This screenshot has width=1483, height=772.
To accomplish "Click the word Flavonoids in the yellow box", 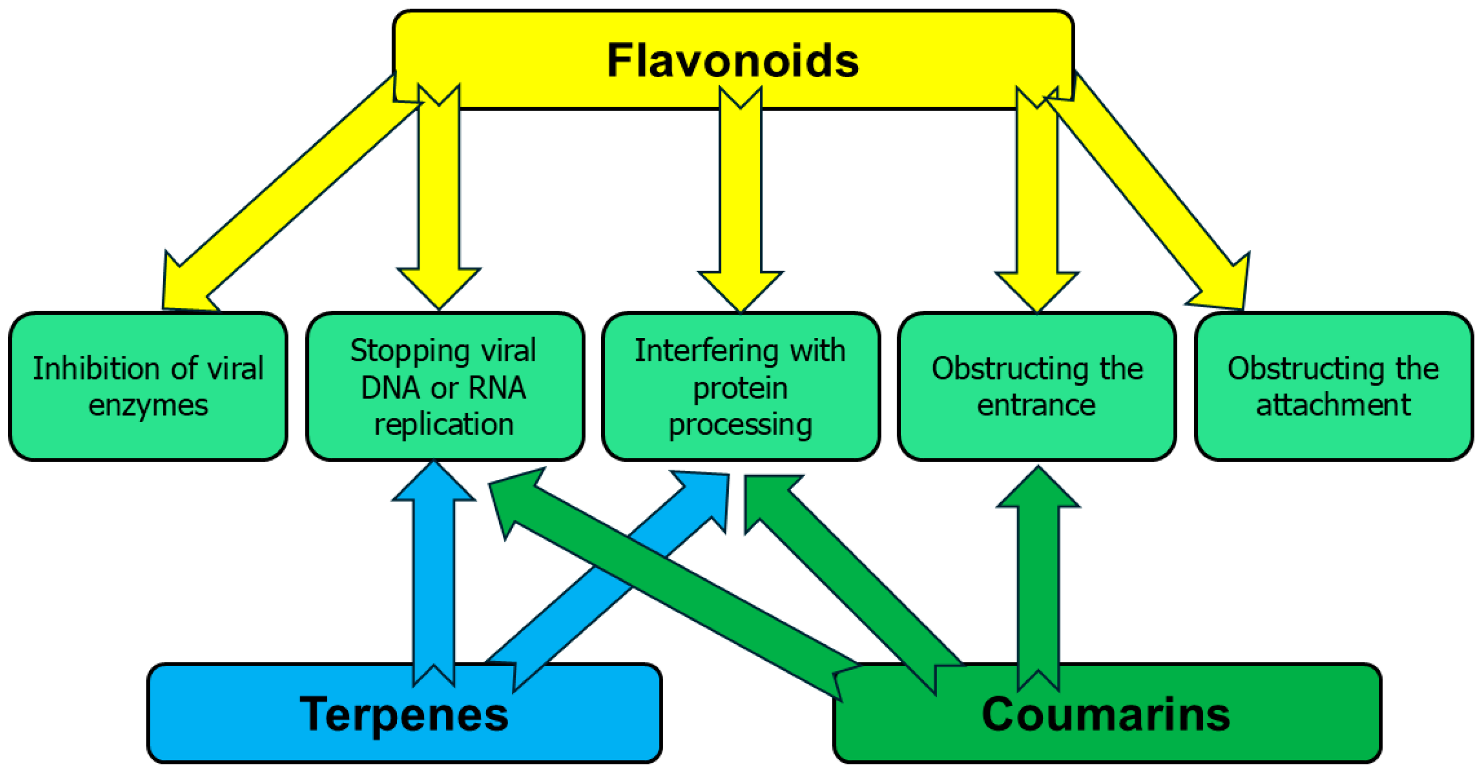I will pyautogui.click(x=732, y=60).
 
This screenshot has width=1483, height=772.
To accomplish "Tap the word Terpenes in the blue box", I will pyautogui.click(x=404, y=714).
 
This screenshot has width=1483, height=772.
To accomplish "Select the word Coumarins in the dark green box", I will pyautogui.click(x=1106, y=714).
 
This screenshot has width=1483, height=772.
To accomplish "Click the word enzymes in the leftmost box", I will pyautogui.click(x=148, y=405).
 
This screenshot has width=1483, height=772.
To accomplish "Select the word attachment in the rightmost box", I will pyautogui.click(x=1333, y=405).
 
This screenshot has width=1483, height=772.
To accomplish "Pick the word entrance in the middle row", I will pyautogui.click(x=1036, y=405).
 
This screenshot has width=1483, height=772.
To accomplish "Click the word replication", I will pyautogui.click(x=444, y=424).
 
